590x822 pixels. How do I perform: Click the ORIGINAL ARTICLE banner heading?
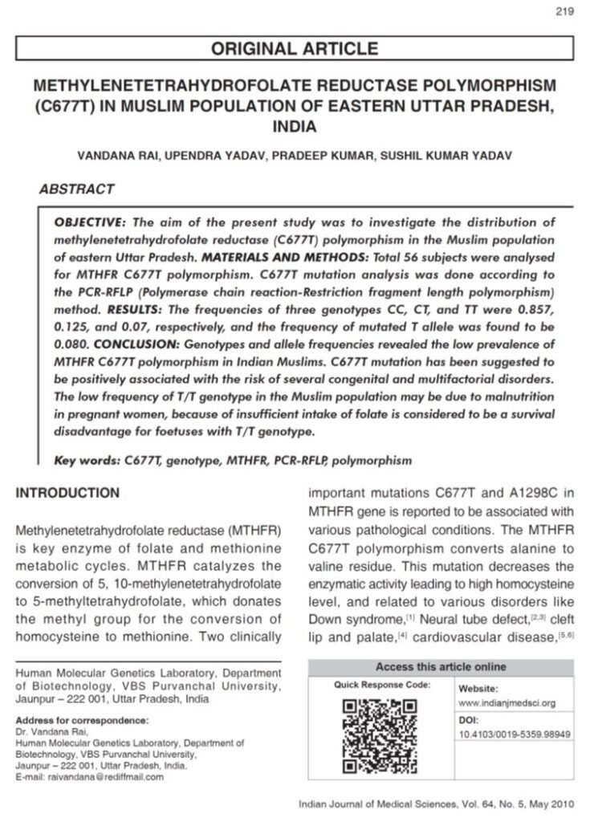coord(294,50)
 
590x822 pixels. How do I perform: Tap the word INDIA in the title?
coord(294,127)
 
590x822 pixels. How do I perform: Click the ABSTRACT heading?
coord(76,190)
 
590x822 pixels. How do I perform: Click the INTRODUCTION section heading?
coord(68,493)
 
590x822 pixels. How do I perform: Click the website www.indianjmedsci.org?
coord(507,702)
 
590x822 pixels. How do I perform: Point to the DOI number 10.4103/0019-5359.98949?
coord(515,733)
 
